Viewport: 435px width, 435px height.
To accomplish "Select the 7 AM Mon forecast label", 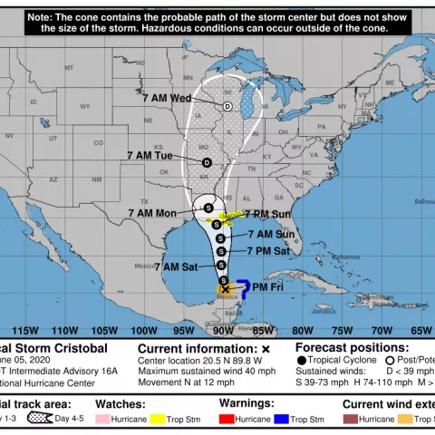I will point(152,213).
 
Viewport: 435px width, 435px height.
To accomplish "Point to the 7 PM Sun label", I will point(269,214).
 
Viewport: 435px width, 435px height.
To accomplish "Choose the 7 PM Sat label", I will point(271,249).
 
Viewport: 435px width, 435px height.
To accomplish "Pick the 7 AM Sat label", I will point(176,266).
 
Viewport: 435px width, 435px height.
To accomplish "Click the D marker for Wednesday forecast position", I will point(227,107).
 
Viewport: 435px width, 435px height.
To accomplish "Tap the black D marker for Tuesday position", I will point(207,163).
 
